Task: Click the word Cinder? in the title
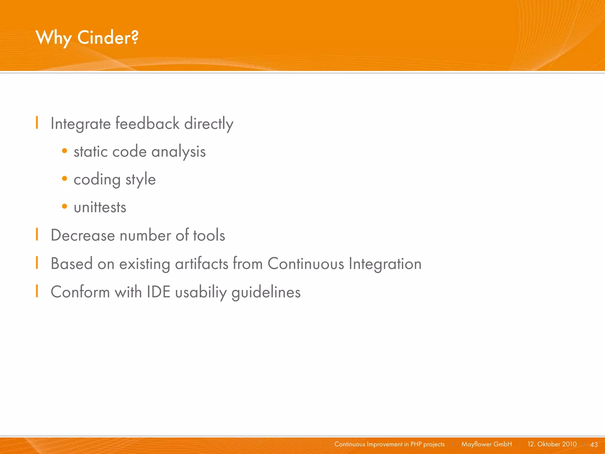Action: [108, 38]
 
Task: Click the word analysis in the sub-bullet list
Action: [178, 152]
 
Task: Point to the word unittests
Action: [100, 207]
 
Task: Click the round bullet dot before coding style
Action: [64, 178]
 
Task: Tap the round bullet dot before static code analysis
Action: [64, 151]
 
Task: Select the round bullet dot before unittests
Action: [64, 206]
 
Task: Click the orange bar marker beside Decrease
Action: [37, 234]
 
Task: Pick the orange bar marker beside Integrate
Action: [37, 122]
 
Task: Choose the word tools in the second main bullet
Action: [209, 235]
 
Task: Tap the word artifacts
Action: [201, 263]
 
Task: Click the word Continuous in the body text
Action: [306, 263]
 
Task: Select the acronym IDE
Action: [159, 292]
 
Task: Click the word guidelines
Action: [266, 292]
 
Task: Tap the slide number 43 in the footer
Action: [594, 445]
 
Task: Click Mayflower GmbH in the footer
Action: [487, 444]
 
